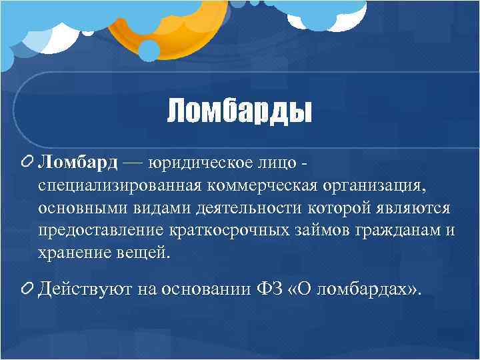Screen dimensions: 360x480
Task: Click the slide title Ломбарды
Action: [239, 111]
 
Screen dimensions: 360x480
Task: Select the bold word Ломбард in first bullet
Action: [78, 163]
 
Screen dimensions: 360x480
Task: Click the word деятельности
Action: [249, 208]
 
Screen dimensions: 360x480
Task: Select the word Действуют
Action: [86, 289]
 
